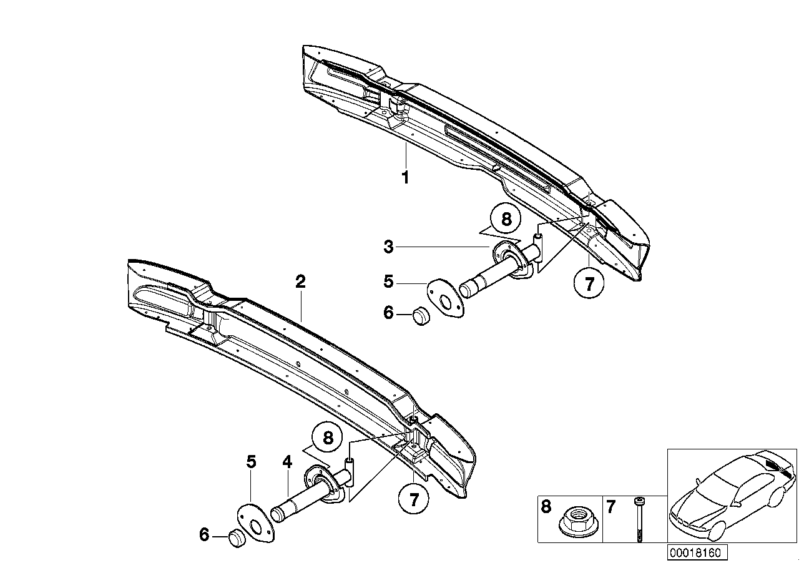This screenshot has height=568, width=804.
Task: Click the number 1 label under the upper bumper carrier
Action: tap(405, 178)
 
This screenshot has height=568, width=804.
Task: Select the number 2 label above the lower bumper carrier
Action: tap(300, 282)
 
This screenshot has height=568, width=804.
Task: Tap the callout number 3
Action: tap(389, 247)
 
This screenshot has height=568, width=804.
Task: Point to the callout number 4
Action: tap(287, 463)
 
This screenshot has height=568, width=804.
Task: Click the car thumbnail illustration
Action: tap(732, 496)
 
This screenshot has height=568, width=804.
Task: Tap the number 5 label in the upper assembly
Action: tap(389, 282)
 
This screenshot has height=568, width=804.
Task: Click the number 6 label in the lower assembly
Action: tap(203, 535)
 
